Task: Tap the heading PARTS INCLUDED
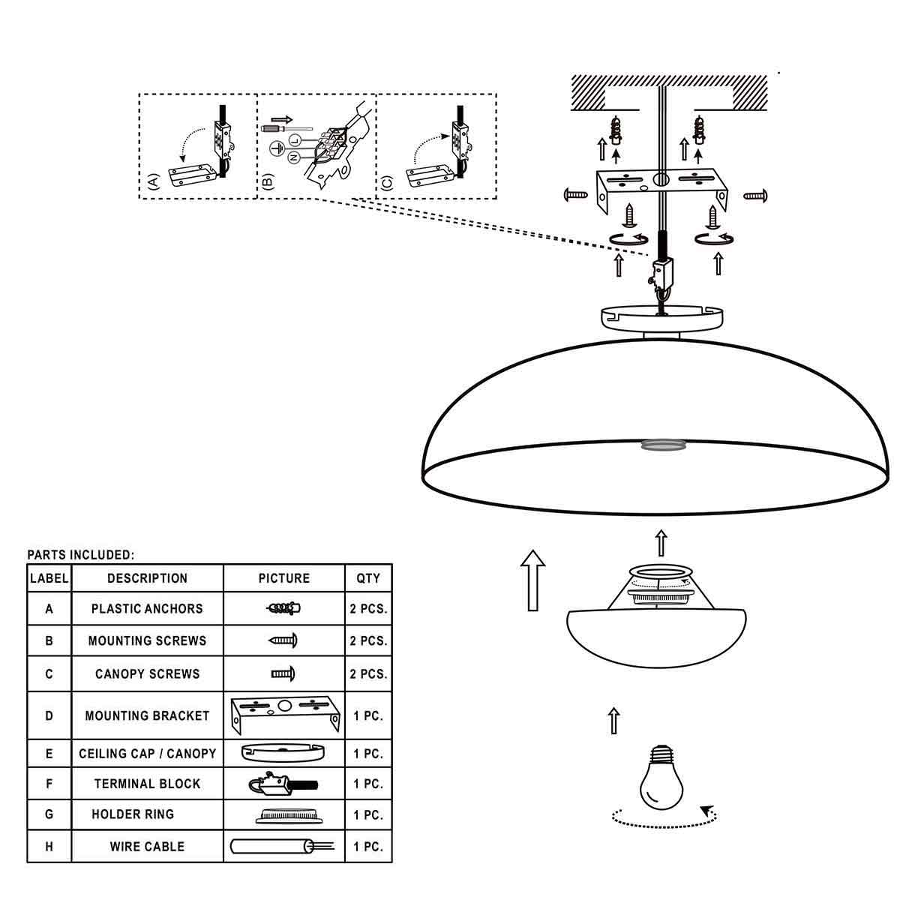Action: [x=81, y=555]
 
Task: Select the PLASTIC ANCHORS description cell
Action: [x=147, y=608]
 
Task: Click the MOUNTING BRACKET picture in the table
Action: [x=284, y=715]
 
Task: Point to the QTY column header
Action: [x=368, y=578]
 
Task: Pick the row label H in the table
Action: [x=49, y=847]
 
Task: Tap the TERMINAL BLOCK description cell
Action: [x=147, y=784]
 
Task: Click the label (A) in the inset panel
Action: [x=153, y=181]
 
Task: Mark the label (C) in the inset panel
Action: [x=387, y=181]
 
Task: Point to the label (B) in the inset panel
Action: [x=268, y=181]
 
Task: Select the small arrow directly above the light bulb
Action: [x=614, y=720]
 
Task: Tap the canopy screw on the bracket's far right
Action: [x=754, y=196]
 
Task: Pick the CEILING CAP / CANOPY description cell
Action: [x=147, y=753]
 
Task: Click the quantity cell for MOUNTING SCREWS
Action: [x=368, y=641]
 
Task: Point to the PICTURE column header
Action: [x=283, y=578]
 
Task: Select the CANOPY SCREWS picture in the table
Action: [x=283, y=673]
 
